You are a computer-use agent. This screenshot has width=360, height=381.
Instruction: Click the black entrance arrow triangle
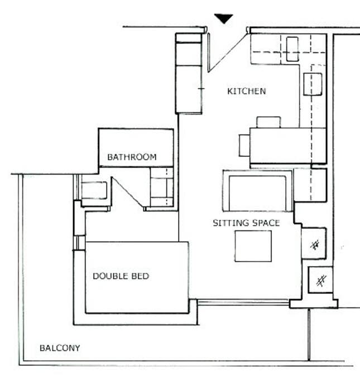(224, 18)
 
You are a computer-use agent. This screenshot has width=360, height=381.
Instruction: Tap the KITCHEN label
(246, 91)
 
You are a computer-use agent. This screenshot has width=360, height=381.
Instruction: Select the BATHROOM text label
(132, 157)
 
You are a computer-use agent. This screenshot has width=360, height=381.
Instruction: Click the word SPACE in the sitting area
(265, 223)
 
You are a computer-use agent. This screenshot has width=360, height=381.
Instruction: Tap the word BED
(141, 276)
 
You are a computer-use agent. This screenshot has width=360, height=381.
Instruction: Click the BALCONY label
(60, 348)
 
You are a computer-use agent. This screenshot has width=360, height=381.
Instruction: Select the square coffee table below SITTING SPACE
(253, 246)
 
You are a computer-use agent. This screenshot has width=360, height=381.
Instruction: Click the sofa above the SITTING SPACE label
(257, 191)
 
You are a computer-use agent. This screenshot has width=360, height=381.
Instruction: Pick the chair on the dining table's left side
(244, 145)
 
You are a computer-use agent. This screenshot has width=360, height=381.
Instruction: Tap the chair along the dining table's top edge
(268, 122)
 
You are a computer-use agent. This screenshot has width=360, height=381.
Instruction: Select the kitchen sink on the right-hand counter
(313, 84)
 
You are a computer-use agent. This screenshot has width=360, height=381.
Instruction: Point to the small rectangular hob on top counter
(292, 49)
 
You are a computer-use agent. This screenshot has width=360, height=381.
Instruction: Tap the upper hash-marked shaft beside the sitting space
(315, 243)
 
